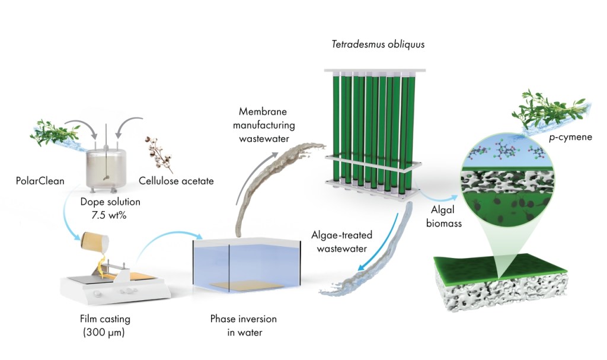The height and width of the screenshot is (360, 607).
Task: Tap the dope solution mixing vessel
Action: click(107, 169)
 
